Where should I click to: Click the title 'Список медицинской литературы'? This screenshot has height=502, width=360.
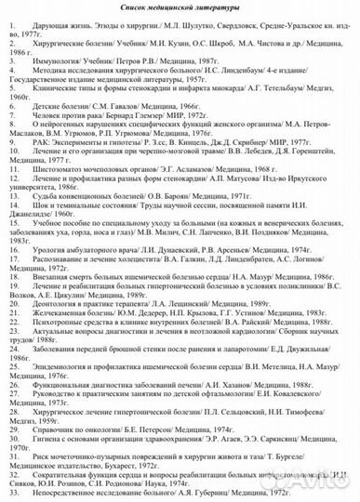180,9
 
